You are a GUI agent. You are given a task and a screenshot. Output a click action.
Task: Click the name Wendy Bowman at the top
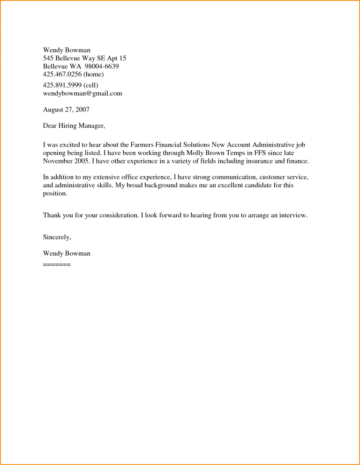(67, 50)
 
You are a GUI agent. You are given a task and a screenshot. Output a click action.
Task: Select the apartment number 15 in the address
(122, 58)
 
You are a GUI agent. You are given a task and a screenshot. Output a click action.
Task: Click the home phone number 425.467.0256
(61, 74)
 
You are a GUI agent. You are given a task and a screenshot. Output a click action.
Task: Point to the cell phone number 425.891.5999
(61, 85)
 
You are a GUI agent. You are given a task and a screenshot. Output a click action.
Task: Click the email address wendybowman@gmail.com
(82, 93)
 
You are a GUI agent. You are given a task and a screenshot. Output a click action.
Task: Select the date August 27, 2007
(66, 110)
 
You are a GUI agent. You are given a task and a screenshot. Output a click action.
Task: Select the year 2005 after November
(82, 161)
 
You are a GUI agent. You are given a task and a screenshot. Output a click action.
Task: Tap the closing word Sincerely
(57, 237)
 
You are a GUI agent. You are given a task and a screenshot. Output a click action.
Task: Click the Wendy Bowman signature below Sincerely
(67, 253)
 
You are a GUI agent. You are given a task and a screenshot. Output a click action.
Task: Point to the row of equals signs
(57, 265)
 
